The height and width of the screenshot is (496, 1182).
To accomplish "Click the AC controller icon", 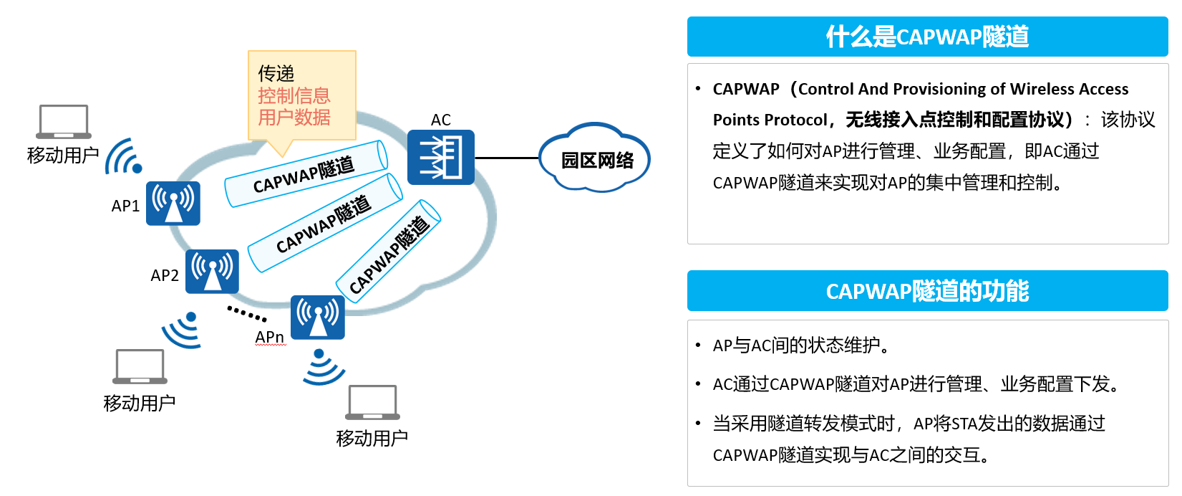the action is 440,157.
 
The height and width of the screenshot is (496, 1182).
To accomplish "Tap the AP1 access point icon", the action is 173,204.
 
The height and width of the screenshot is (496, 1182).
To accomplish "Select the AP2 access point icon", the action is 212,272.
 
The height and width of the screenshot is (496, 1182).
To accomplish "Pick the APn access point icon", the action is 318,317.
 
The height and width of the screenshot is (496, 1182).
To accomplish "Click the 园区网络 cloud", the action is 595,158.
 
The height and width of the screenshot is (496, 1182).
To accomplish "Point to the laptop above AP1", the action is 64,121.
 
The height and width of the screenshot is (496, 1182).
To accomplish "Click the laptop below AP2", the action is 140,366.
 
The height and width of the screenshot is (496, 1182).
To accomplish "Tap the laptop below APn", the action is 372,403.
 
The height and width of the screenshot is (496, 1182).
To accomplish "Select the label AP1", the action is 125,206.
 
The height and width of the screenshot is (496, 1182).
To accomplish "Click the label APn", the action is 269,336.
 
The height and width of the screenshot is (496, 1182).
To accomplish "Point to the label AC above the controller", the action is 440,120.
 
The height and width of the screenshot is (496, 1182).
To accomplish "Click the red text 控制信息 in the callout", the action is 294,95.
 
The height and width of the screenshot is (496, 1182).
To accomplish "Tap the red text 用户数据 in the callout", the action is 294,117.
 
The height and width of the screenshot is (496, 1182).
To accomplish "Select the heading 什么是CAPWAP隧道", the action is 927,37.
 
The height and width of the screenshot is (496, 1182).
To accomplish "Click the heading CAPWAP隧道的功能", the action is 927,291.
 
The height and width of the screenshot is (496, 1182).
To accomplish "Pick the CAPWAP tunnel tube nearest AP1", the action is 306,173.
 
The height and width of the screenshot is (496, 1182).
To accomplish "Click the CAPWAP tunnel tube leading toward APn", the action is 388,252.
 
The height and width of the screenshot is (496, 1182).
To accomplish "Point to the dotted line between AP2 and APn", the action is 246,314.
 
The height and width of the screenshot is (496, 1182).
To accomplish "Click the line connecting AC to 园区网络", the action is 507,158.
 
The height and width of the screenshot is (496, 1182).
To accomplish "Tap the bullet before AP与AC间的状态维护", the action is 698,345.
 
